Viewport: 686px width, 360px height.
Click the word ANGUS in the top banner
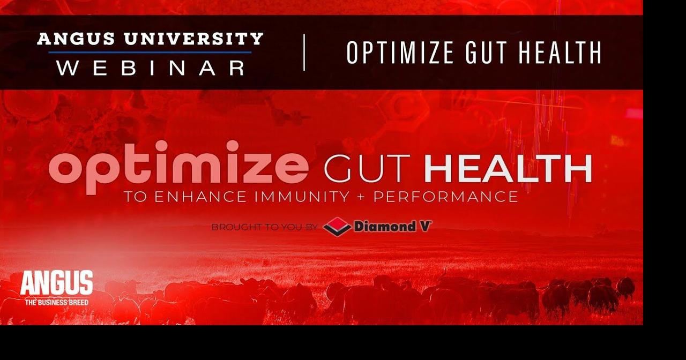coord(76,39)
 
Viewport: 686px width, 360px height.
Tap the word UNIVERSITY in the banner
coord(193,39)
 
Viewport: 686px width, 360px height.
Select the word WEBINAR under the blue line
coord(151,67)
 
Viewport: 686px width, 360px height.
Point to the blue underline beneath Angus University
coord(150,52)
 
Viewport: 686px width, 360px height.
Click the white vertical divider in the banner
coord(304,52)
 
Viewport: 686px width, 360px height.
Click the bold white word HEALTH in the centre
coord(508,168)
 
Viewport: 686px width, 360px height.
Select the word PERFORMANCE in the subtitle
coord(445,197)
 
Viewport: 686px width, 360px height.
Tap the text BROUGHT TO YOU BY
coord(264,227)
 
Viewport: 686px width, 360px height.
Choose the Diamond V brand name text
coord(392,227)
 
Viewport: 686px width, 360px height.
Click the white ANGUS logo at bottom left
coord(56,282)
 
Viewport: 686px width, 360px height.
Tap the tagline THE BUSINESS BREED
coord(56,302)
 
